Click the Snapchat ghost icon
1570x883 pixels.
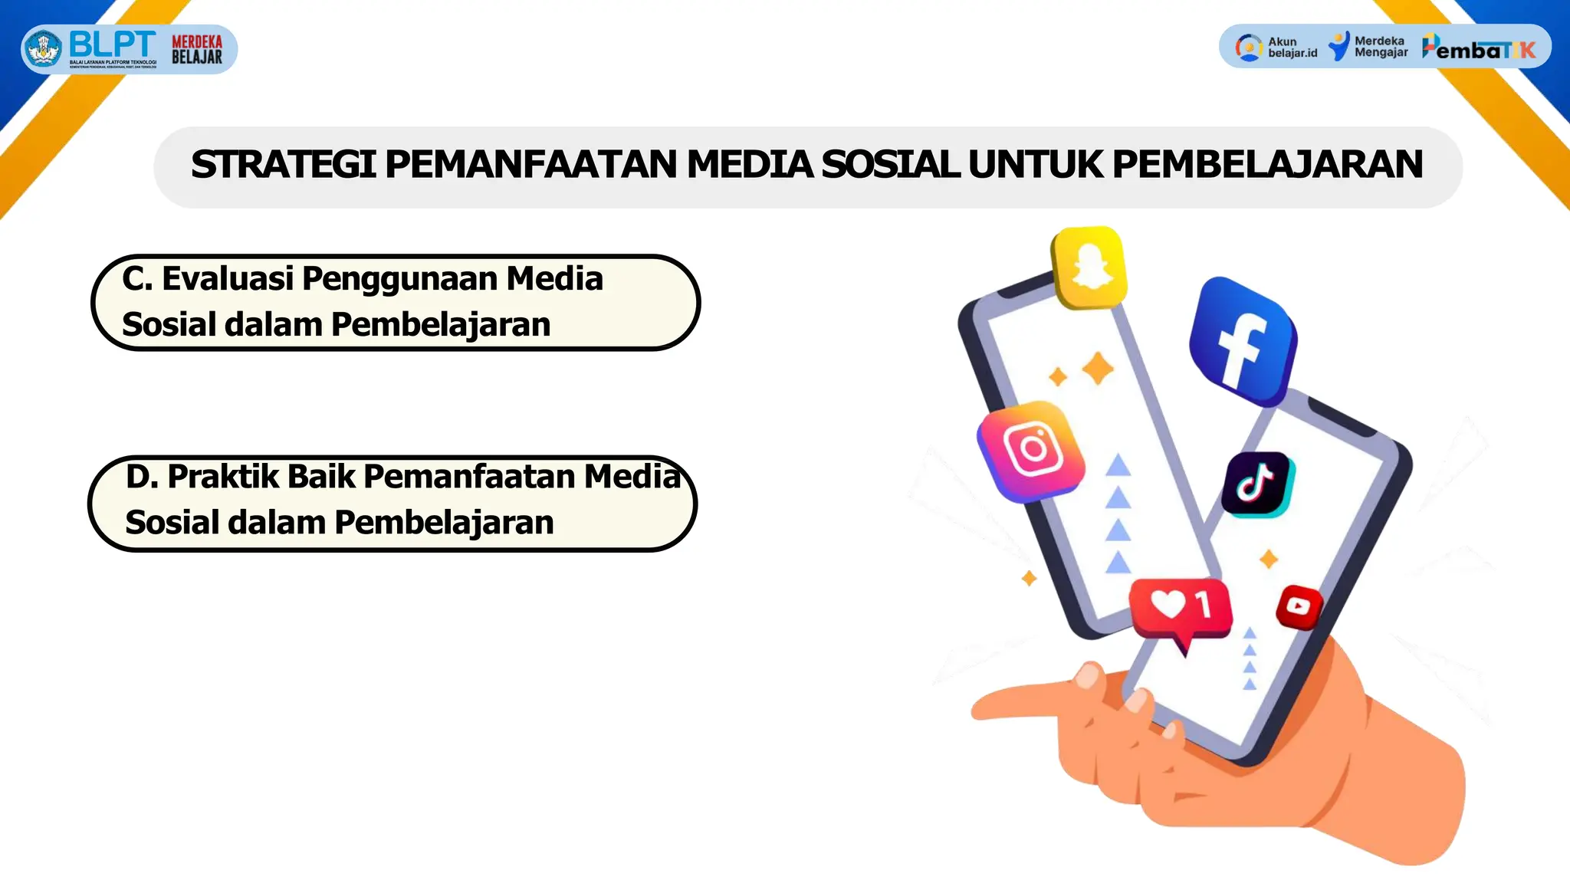[x=1090, y=268]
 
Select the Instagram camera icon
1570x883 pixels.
[x=1032, y=450]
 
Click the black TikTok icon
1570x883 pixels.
[x=1256, y=484]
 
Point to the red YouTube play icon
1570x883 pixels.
[x=1299, y=607]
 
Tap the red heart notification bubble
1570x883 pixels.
[x=1181, y=607]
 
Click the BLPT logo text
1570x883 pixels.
[x=112, y=44]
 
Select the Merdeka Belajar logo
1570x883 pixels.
[x=197, y=49]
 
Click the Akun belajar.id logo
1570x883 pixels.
[x=1277, y=48]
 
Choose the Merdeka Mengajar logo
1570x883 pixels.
[x=1368, y=47]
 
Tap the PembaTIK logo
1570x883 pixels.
[x=1479, y=48]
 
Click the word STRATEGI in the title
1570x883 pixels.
[x=283, y=165]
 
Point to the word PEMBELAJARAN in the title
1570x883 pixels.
[x=1267, y=165]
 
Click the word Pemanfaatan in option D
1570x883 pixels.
[x=469, y=477]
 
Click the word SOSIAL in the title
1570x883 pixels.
[x=889, y=165]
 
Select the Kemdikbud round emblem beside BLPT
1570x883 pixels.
[x=44, y=49]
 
